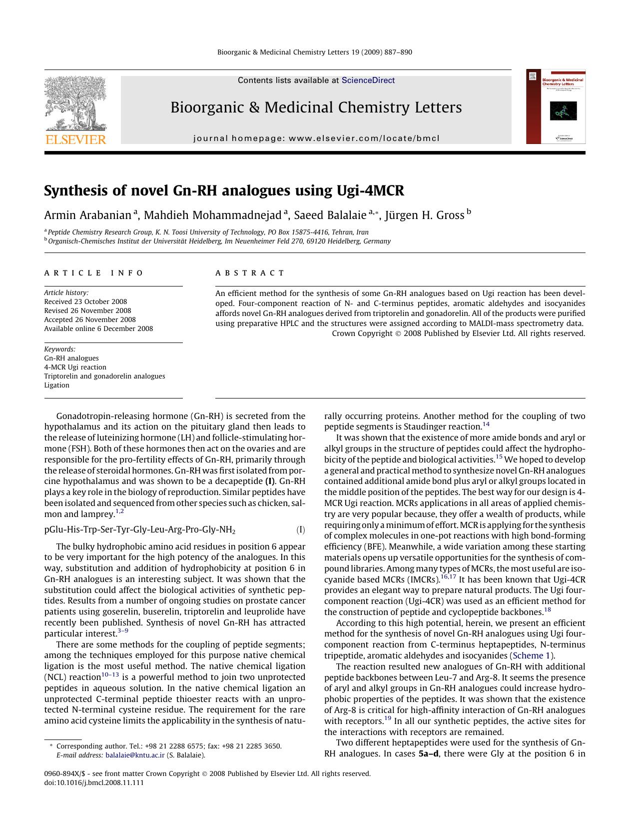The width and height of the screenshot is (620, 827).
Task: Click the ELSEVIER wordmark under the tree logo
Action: [x=75, y=139]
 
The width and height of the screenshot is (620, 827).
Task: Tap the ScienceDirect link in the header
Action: [x=368, y=80]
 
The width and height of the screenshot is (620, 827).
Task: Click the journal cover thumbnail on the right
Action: [x=556, y=106]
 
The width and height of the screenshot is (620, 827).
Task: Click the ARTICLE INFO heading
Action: [x=94, y=273]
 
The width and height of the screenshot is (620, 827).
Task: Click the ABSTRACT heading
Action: [x=250, y=273]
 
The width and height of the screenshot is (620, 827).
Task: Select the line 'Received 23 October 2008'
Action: [x=85, y=301]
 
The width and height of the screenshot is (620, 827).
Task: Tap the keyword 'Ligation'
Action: [x=56, y=385]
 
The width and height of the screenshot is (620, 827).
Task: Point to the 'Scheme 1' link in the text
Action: [x=532, y=655]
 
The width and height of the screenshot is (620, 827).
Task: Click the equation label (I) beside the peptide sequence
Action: [x=300, y=530]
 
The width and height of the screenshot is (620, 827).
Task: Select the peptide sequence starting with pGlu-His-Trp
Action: [x=140, y=530]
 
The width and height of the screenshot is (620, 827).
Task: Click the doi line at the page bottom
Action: [x=94, y=782]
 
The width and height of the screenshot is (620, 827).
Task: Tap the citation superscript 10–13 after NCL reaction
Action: [x=110, y=675]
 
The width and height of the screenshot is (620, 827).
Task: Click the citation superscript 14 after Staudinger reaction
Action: [x=486, y=424]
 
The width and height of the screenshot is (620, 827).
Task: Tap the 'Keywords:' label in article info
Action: [x=59, y=349]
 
